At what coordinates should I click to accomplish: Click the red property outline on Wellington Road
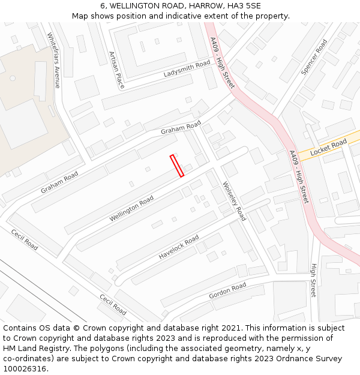(x=177, y=166)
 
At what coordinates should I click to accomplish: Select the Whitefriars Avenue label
(x=53, y=60)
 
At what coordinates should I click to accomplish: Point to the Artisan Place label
(x=116, y=70)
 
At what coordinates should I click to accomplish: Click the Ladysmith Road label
(x=187, y=69)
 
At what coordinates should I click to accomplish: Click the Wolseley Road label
(x=234, y=201)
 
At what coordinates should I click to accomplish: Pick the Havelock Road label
(x=179, y=247)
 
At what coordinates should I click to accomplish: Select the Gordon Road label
(x=227, y=292)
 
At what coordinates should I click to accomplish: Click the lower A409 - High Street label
(x=298, y=176)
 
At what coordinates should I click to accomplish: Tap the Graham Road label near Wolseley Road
(x=181, y=127)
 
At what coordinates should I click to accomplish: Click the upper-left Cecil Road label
(x=24, y=239)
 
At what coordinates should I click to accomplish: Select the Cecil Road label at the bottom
(x=113, y=304)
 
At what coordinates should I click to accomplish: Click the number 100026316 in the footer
(x=25, y=368)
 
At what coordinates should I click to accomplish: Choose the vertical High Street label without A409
(x=313, y=280)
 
